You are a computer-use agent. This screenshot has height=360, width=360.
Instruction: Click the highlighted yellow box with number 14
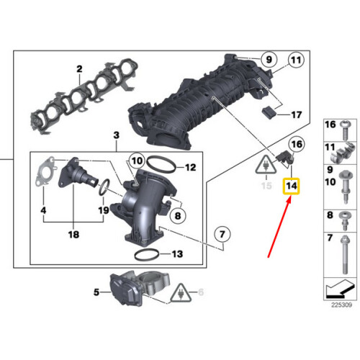point(292,187)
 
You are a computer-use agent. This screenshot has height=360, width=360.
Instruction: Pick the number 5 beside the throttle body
point(96,292)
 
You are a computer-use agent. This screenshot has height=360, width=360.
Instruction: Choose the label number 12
point(190,168)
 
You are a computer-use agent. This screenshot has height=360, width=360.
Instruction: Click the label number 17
point(296,114)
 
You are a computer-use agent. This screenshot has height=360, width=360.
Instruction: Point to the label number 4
point(42,211)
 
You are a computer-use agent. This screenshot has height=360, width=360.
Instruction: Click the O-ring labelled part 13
point(148,253)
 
